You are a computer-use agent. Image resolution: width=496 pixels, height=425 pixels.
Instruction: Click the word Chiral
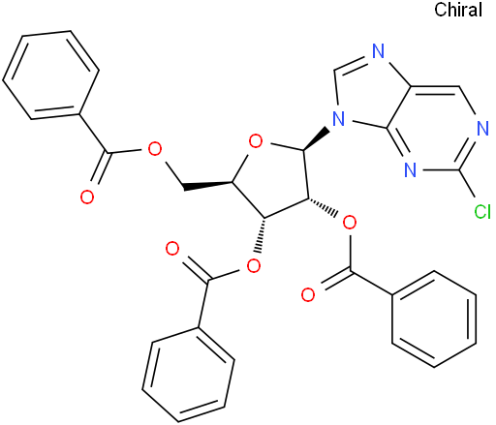tap(458, 10)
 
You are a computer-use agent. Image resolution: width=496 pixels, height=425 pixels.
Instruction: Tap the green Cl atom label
tap(482, 212)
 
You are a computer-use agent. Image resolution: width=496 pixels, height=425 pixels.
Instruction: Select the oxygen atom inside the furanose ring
tap(256, 142)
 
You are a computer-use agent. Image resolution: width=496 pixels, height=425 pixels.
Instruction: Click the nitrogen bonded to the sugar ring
tap(339, 118)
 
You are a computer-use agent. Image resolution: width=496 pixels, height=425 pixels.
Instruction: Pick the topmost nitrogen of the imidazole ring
tap(378, 51)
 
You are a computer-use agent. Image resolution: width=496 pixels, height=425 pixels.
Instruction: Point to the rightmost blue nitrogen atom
tap(482, 129)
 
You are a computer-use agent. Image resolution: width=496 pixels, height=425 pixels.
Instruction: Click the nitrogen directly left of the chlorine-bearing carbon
tap(410, 169)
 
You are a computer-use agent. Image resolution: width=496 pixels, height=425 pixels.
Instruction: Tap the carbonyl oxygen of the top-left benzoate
tap(87, 197)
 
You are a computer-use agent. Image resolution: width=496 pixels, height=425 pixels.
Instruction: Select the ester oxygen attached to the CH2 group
tap(154, 148)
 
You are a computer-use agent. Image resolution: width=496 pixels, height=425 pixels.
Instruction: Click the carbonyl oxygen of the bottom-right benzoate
tap(308, 294)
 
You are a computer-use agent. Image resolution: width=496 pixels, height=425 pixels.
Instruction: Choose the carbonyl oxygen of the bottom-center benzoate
tap(172, 249)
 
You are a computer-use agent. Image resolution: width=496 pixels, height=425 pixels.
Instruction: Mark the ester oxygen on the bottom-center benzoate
tap(254, 266)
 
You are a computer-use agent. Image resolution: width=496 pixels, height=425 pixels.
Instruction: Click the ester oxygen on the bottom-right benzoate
tap(350, 223)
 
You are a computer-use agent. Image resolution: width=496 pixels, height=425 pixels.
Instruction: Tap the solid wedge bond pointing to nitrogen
tap(317, 139)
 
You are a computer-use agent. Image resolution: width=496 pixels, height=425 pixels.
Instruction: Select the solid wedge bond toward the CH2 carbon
tap(207, 185)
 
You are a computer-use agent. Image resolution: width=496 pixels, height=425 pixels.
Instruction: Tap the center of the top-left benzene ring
tap(50, 76)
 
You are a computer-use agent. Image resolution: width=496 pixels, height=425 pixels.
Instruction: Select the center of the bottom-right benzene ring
tap(434, 319)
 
